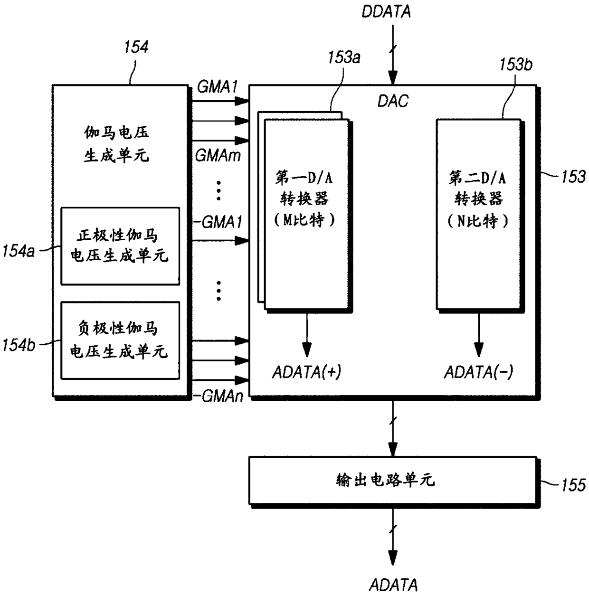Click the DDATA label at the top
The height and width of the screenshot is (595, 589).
[x=386, y=12]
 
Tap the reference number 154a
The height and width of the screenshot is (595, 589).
[x=19, y=251]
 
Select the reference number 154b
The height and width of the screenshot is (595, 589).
[x=19, y=345]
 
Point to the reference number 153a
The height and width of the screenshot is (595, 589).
[x=344, y=58]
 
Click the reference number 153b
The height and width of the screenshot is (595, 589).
[x=515, y=65]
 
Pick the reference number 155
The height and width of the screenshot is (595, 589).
[x=573, y=485]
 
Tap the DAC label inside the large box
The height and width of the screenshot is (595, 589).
[x=393, y=101]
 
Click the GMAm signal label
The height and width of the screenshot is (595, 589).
[x=218, y=155]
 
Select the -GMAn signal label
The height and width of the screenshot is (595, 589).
[x=218, y=397]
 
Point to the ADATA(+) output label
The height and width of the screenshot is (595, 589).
[x=306, y=372]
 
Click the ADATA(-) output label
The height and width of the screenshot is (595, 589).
[x=478, y=372]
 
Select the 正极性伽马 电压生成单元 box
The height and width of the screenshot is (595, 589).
[x=120, y=246]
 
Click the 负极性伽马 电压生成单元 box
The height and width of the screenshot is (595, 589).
[x=120, y=340]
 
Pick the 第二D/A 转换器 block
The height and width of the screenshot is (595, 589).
[x=478, y=214]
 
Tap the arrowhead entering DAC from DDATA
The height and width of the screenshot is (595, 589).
[x=393, y=78]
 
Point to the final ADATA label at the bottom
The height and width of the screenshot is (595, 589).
[x=393, y=585]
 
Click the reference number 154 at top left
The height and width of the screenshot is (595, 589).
[x=136, y=47]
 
